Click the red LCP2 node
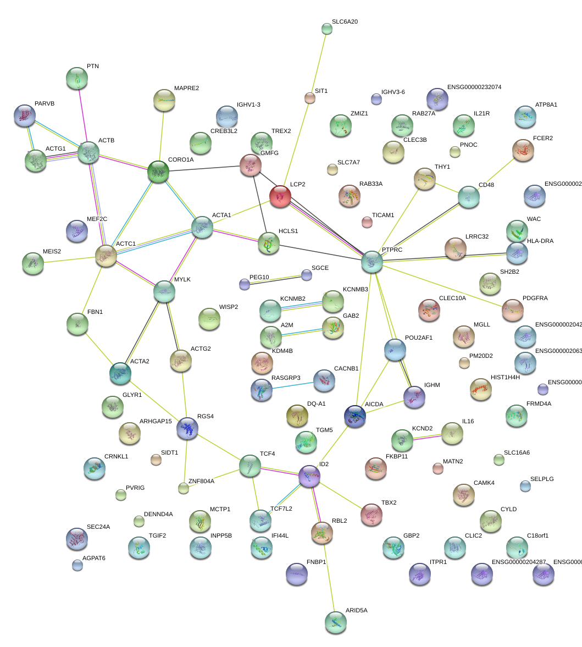pyautogui.click(x=280, y=196)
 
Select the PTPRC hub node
pyautogui.click(x=372, y=262)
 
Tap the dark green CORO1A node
pyautogui.click(x=158, y=172)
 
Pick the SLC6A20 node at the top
pyautogui.click(x=327, y=29)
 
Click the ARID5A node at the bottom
pyautogui.click(x=336, y=621)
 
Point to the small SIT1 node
pyautogui.click(x=309, y=98)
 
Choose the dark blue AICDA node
pyautogui.click(x=354, y=416)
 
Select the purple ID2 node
pyautogui.click(x=309, y=476)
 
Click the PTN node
pyautogui.click(x=77, y=78)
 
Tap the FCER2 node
pyautogui.click(x=523, y=149)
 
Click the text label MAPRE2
pyautogui.click(x=186, y=88)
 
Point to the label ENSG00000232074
pyautogui.click(x=474, y=87)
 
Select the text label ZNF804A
pyautogui.click(x=201, y=481)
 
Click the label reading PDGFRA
pyautogui.click(x=535, y=298)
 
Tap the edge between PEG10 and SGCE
pyautogui.click(x=275, y=279)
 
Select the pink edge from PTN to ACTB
pyautogui.click(x=82, y=115)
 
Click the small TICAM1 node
pyautogui.click(x=367, y=222)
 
